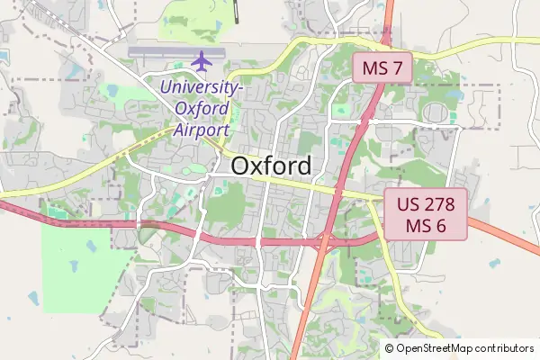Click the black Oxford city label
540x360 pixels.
(x=272, y=166)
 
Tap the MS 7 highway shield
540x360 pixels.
(x=382, y=68)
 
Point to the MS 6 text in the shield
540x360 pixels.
(x=427, y=226)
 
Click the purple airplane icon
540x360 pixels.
(x=201, y=62)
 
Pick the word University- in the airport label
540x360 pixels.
(x=201, y=88)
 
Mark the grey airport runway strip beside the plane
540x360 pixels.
(x=162, y=52)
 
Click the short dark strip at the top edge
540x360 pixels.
(x=237, y=11)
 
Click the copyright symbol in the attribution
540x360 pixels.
(x=390, y=348)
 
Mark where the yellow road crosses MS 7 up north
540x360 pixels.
(x=385, y=40)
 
